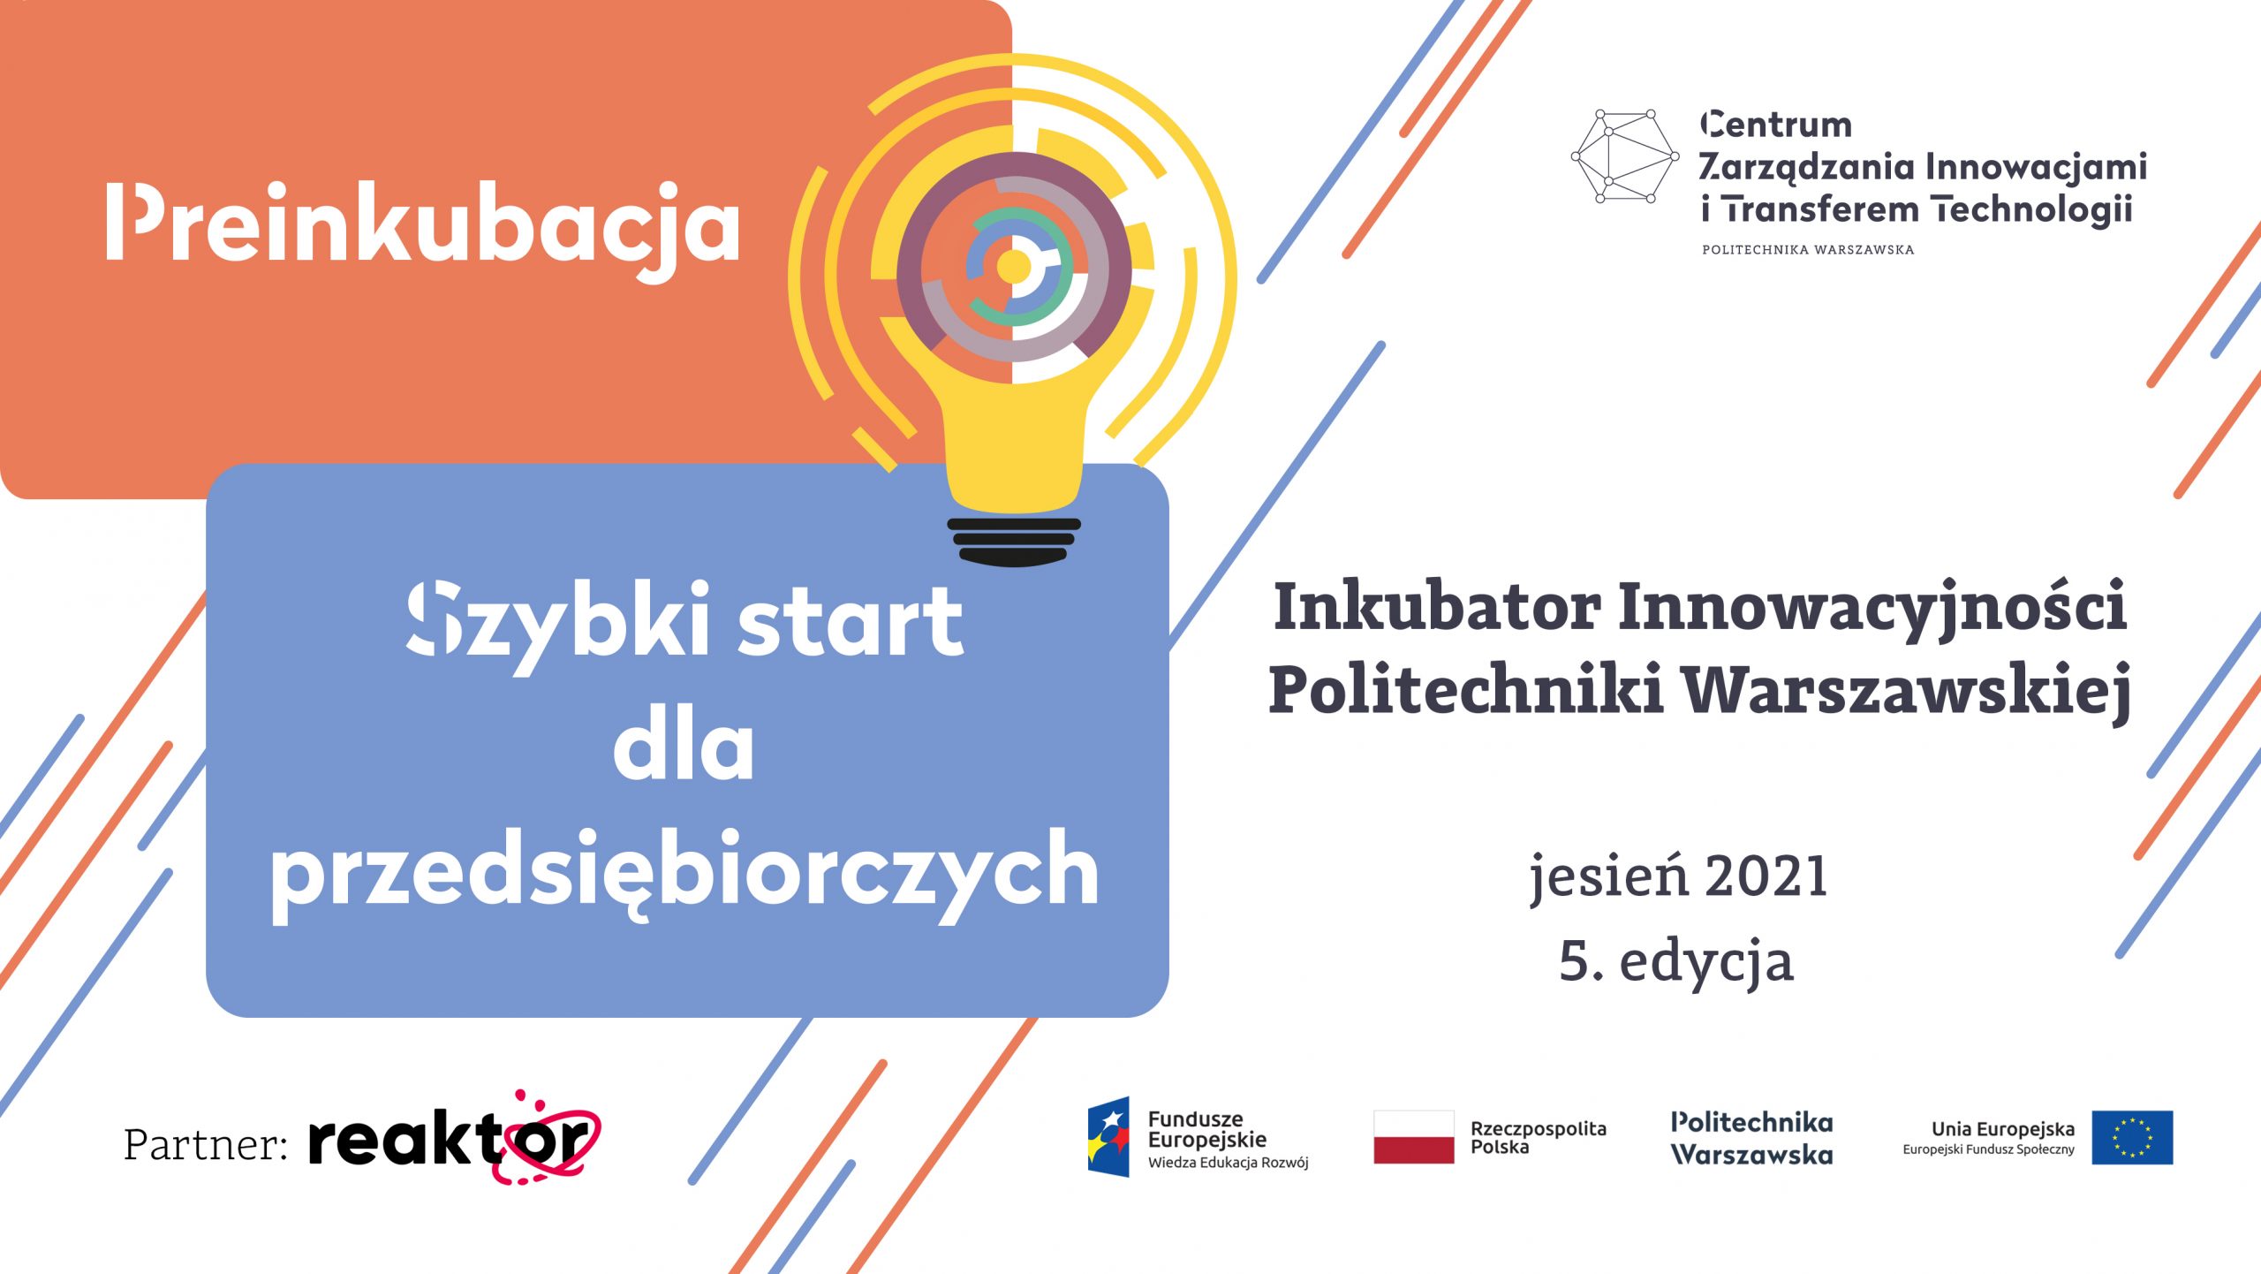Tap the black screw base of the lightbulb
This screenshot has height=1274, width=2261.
pyautogui.click(x=1014, y=542)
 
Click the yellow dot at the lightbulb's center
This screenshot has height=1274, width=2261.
pyautogui.click(x=1013, y=266)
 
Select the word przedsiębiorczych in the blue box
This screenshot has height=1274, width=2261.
pyautogui.click(x=685, y=876)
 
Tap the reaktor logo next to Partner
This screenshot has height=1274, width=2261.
pyautogui.click(x=454, y=1140)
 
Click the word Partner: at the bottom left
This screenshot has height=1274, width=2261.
pyautogui.click(x=206, y=1144)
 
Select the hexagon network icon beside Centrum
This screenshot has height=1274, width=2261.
pyautogui.click(x=1624, y=156)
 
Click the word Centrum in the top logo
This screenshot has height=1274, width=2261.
pyautogui.click(x=1775, y=125)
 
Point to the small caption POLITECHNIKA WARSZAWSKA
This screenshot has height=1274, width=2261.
pyautogui.click(x=1808, y=250)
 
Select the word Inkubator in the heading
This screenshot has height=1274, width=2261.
pyautogui.click(x=1437, y=608)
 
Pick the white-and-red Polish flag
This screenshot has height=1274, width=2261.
pyautogui.click(x=1413, y=1137)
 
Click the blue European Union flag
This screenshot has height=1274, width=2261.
pyautogui.click(x=2132, y=1138)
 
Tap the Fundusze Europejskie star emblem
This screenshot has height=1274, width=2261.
pyautogui.click(x=1108, y=1137)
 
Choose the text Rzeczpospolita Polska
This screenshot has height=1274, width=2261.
pyautogui.click(x=1538, y=1138)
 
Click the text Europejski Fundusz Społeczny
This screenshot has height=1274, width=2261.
pyautogui.click(x=1988, y=1150)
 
